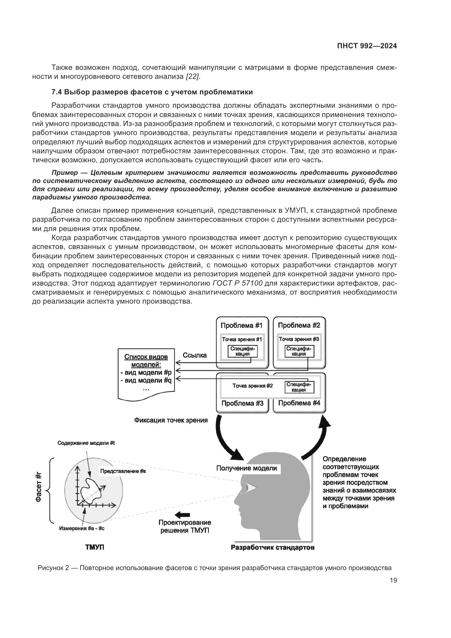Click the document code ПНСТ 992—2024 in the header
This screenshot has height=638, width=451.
367,46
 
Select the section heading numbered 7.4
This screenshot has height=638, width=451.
152,92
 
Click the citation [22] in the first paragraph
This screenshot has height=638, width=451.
193,77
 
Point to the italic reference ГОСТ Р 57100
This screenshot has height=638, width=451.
237,283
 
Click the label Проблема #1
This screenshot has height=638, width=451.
241,325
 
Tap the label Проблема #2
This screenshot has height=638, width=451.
299,325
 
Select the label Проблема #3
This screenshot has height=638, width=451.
242,403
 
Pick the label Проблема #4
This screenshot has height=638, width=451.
299,403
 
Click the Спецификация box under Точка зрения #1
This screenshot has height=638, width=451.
242,351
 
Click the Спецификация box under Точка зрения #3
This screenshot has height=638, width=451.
299,351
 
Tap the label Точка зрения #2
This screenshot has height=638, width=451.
252,386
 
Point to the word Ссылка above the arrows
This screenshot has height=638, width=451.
195,355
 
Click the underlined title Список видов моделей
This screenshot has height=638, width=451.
146,360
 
